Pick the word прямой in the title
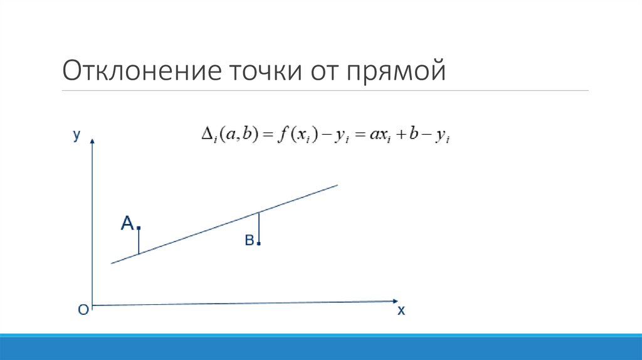pyautogui.click(x=394, y=71)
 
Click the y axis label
pyautogui.click(x=76, y=135)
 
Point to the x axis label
pyautogui.click(x=401, y=310)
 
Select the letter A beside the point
pyautogui.click(x=127, y=223)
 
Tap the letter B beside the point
pyautogui.click(x=249, y=241)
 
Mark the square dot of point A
pyautogui.click(x=138, y=228)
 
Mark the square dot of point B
pyautogui.click(x=258, y=243)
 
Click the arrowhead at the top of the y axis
pyautogui.click(x=93, y=141)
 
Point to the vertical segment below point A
pyautogui.click(x=139, y=241)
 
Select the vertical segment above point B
pyautogui.click(x=258, y=227)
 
